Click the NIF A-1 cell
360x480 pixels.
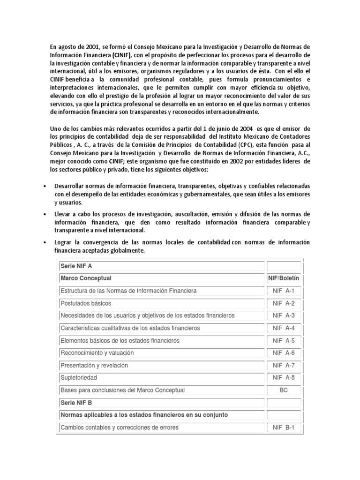click(283, 291)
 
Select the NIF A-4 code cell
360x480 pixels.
click(283, 328)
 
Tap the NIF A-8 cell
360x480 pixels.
click(283, 377)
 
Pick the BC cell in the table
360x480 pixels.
click(283, 390)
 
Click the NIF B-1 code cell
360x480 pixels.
click(283, 427)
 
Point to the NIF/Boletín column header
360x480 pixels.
click(283, 278)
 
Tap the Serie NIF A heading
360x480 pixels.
click(75, 266)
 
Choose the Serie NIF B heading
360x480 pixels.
click(75, 402)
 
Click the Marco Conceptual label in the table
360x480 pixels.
click(86, 278)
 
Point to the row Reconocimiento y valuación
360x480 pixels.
click(97, 353)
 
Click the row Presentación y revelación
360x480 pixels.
click(94, 365)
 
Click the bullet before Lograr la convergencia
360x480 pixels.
click(44, 242)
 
